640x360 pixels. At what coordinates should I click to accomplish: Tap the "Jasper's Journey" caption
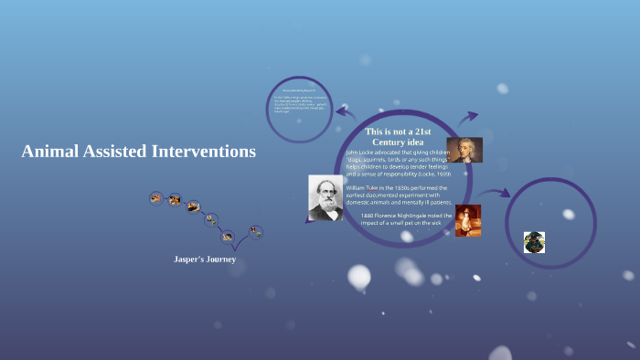(205, 259)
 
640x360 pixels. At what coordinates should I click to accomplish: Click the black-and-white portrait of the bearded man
(325, 197)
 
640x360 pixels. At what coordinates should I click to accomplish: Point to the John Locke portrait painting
(464, 150)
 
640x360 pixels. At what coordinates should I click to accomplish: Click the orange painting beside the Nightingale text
(467, 220)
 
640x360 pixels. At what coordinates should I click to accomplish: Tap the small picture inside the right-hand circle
(534, 242)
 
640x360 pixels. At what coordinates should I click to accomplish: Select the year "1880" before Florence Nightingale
(369, 216)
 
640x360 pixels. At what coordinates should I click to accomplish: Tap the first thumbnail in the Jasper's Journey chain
(156, 197)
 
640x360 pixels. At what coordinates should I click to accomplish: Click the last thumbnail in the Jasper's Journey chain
(256, 232)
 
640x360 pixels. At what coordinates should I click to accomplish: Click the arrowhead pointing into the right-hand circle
(506, 195)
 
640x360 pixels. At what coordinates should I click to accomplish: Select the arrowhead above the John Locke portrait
(473, 116)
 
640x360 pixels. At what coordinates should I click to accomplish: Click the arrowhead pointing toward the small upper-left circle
(340, 112)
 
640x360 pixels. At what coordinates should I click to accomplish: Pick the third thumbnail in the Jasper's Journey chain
(193, 206)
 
